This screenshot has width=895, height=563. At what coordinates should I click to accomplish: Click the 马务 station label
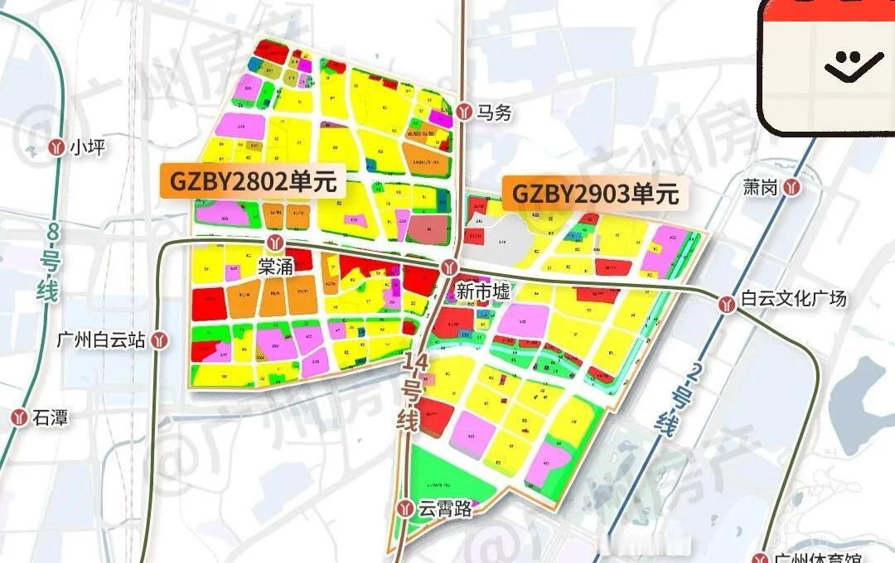coord(495,113)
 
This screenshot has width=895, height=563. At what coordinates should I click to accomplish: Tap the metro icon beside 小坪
coord(56,147)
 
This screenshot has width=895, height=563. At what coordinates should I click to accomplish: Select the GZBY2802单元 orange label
coord(254,181)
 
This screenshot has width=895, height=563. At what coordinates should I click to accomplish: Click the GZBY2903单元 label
coord(595,193)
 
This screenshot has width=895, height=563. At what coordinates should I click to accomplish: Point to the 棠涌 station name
coord(276,267)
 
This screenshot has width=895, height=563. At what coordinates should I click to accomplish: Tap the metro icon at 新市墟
coord(449,266)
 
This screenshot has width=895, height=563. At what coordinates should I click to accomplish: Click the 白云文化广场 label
coord(793,298)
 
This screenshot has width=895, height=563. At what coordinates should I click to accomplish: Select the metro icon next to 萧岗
coord(793,188)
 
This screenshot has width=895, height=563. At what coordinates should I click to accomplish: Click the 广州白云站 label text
coord(101,339)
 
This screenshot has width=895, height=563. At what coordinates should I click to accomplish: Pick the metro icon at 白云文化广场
coord(728,304)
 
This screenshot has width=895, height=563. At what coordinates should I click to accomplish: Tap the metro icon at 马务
coord(464,109)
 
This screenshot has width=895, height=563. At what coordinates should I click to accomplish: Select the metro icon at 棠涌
coord(279,243)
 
